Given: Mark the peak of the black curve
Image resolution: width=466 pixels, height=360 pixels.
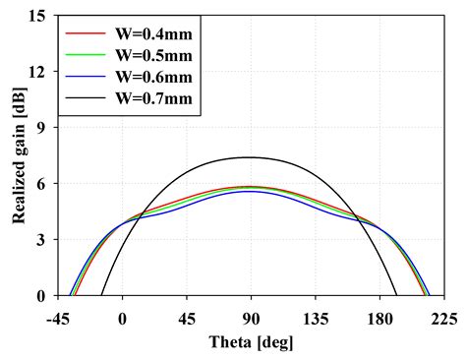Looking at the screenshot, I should click(x=250, y=157).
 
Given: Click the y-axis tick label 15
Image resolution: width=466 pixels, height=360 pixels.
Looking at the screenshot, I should click(x=39, y=17).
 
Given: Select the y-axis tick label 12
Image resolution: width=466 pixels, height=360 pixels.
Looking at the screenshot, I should click(x=39, y=72).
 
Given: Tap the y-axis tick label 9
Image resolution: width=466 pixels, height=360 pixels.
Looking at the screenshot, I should click(x=43, y=128).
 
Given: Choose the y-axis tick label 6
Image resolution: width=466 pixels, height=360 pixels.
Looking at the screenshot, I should click(x=43, y=184).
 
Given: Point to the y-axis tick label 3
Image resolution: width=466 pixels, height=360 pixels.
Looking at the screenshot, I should click(x=43, y=240).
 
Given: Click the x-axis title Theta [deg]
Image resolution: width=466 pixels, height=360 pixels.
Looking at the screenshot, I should click(x=250, y=342).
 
